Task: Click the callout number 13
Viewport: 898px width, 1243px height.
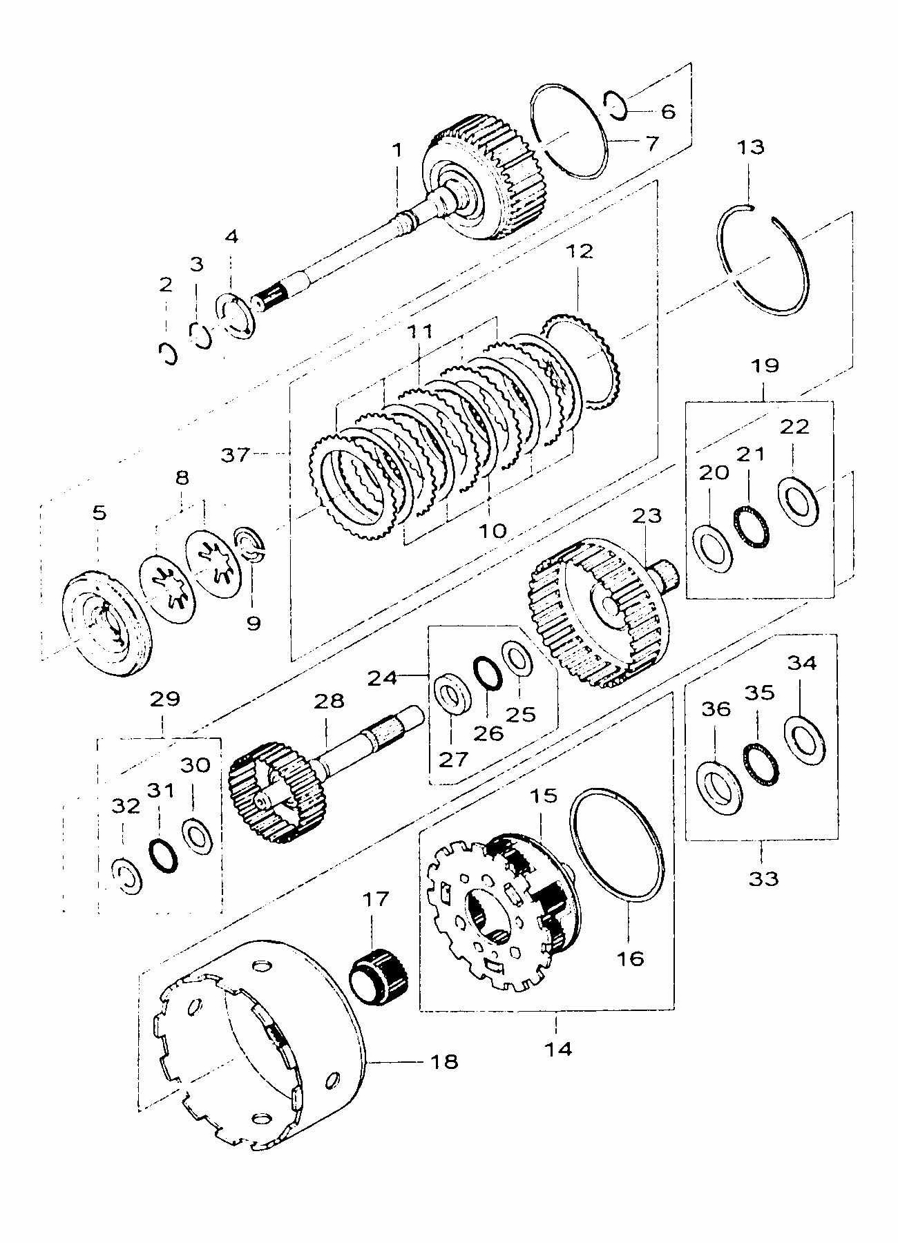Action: coord(751,147)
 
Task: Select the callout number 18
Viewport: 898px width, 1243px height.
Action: coord(444,1061)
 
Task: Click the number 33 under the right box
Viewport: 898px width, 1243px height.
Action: coord(763,878)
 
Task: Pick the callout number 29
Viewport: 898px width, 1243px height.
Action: coord(164,699)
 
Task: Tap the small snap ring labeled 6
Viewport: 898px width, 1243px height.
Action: coord(614,104)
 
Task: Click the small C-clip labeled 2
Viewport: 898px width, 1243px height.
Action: coord(167,354)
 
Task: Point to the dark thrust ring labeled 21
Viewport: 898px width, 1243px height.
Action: coord(751,526)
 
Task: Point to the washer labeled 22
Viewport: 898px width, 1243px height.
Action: coord(799,496)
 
